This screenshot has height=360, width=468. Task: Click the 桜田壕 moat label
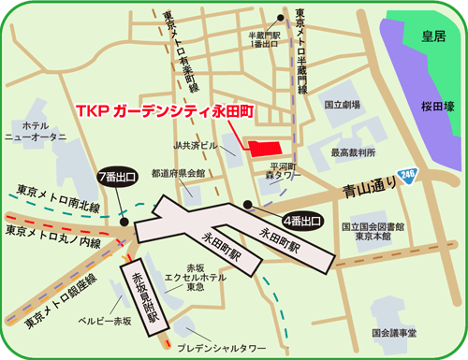pos(436,108)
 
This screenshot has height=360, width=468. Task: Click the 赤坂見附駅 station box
pos(144,295)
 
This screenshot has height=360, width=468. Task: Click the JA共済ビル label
pos(196,146)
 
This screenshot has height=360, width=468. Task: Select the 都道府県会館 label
pos(178,173)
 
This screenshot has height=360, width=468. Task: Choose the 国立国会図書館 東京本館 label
pos(373,232)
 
